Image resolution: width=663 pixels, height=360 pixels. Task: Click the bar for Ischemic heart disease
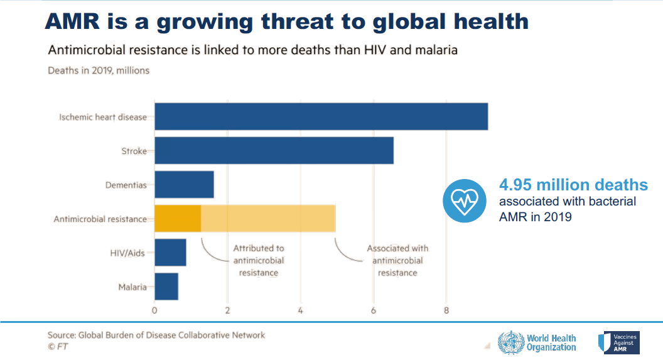pyautogui.click(x=321, y=116)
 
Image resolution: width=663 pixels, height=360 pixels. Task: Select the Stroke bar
pyautogui.click(x=274, y=151)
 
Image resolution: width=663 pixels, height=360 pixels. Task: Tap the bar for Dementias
pyautogui.click(x=184, y=185)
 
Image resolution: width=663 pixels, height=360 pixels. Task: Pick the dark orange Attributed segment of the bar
pyautogui.click(x=178, y=219)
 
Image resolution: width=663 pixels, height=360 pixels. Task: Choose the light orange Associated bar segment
pyautogui.click(x=268, y=219)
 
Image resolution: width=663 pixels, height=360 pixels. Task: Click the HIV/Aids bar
pyautogui.click(x=170, y=253)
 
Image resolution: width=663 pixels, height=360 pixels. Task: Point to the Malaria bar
pyautogui.click(x=166, y=286)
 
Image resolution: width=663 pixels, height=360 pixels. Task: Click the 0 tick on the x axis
pyautogui.click(x=154, y=310)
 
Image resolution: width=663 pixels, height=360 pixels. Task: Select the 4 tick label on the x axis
pyautogui.click(x=301, y=310)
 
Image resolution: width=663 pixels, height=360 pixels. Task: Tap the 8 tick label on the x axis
pyautogui.click(x=446, y=310)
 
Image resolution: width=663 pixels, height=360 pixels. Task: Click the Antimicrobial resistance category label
pyautogui.click(x=100, y=219)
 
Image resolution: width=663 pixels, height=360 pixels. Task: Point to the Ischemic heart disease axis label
pyautogui.click(x=103, y=117)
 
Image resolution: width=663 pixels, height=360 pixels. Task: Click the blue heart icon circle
pyautogui.click(x=466, y=200)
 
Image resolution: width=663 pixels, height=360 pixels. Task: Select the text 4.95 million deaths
pyautogui.click(x=573, y=185)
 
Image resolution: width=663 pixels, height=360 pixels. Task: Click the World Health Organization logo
pyautogui.click(x=537, y=342)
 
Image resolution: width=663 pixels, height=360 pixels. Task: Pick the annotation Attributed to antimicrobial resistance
pyautogui.click(x=259, y=260)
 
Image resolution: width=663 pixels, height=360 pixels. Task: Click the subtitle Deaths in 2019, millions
pyautogui.click(x=99, y=70)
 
